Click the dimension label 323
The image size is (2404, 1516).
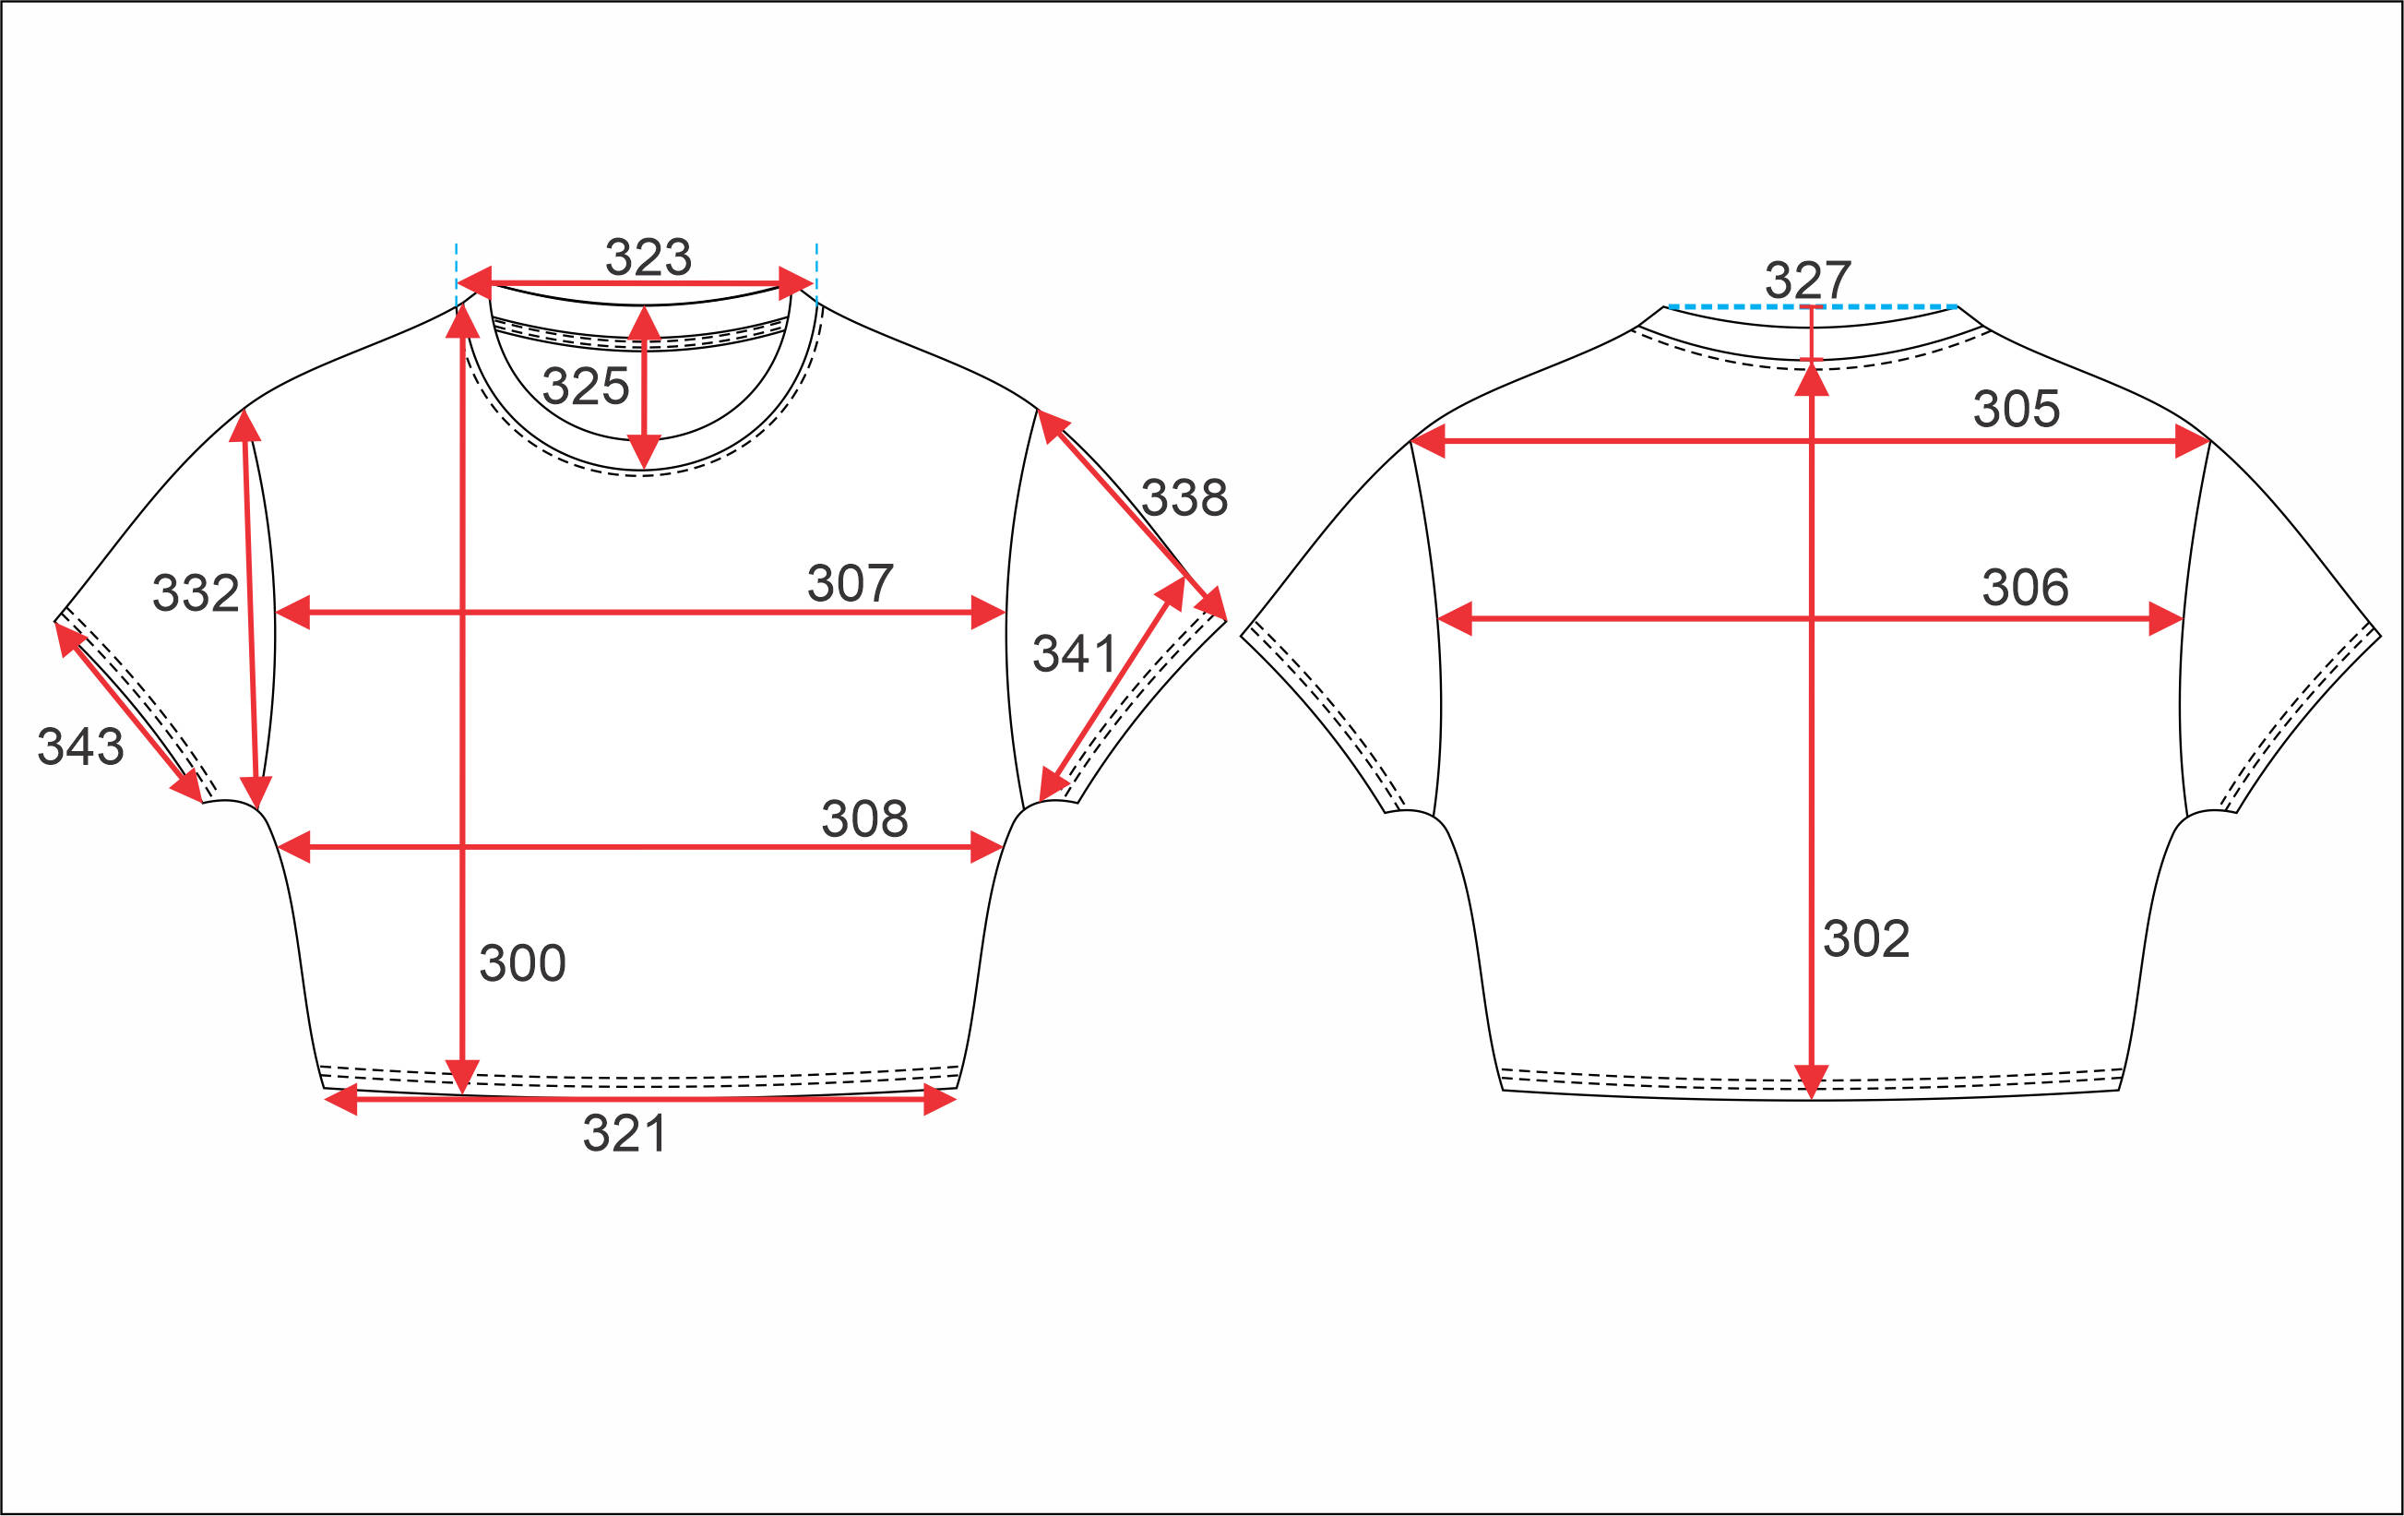pyautogui.click(x=648, y=257)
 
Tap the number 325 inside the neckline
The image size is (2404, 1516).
pyautogui.click(x=586, y=386)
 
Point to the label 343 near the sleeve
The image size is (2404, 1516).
pyautogui.click(x=81, y=746)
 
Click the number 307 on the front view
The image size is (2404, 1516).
pyautogui.click(x=850, y=583)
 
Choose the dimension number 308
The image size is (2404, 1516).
pyautogui.click(x=864, y=819)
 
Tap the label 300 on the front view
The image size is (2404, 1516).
pyautogui.click(x=522, y=963)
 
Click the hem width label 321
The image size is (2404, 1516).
pyautogui.click(x=625, y=1133)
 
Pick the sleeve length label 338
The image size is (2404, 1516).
pyautogui.click(x=1184, y=497)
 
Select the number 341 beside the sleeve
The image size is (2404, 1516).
pyautogui.click(x=1074, y=654)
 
